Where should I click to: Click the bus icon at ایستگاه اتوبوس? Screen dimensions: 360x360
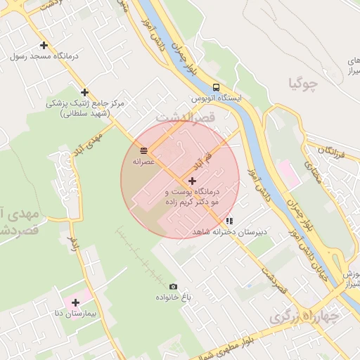point(216,88)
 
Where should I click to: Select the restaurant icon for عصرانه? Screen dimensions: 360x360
point(143,150)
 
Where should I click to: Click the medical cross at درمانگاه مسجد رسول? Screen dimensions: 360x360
point(44,45)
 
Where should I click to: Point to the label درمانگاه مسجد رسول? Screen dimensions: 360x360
point(44,56)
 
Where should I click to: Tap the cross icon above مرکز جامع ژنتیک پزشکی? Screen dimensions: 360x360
point(84,92)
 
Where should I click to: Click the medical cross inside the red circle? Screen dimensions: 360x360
point(192,181)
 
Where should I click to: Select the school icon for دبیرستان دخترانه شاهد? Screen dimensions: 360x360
point(229,221)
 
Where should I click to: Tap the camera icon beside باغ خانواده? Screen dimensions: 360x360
point(173,286)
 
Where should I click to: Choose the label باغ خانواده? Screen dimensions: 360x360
point(173,297)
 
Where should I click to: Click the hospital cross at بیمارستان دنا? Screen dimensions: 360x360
point(75,302)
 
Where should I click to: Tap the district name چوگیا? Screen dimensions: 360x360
point(303,84)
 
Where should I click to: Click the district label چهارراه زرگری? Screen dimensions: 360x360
point(304,316)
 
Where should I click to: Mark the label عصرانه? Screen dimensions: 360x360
point(143,161)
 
